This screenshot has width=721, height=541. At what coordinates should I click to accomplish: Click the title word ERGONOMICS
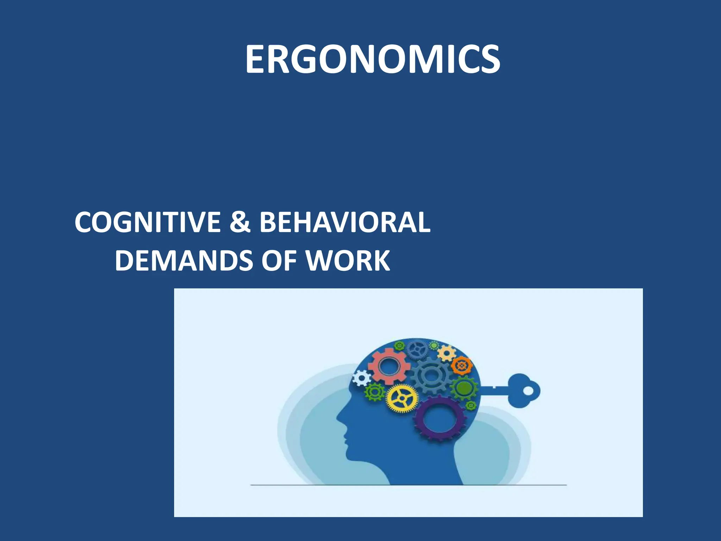[372, 60]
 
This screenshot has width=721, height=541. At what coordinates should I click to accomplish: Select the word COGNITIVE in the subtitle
[148, 223]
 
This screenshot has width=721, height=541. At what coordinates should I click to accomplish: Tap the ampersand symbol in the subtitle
[240, 223]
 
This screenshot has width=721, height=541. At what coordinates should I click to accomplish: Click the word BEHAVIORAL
[345, 223]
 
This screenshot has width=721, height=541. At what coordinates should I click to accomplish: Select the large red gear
[389, 366]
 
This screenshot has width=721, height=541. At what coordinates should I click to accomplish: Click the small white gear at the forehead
[361, 379]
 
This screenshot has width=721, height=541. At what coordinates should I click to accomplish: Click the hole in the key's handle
[528, 391]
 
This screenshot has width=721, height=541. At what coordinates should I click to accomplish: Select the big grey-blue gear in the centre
[430, 376]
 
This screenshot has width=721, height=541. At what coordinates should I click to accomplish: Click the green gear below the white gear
[375, 391]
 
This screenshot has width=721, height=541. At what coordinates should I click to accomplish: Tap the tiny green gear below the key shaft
[471, 406]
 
